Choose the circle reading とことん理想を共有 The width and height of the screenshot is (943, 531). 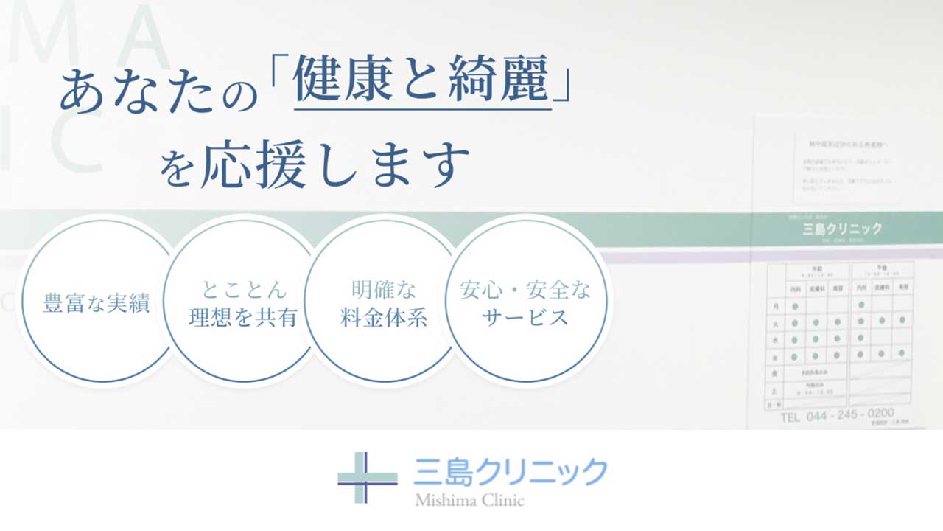[242, 303]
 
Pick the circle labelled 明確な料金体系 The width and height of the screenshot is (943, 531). [383, 303]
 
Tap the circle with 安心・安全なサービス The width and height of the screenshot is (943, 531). [525, 303]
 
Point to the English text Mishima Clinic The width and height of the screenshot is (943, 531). [469, 501]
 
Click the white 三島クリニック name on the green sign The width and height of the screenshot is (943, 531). [842, 229]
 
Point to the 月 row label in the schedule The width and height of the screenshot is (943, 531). [774, 305]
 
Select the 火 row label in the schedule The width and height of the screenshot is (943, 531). [774, 322]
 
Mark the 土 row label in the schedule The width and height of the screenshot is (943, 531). [774, 391]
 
